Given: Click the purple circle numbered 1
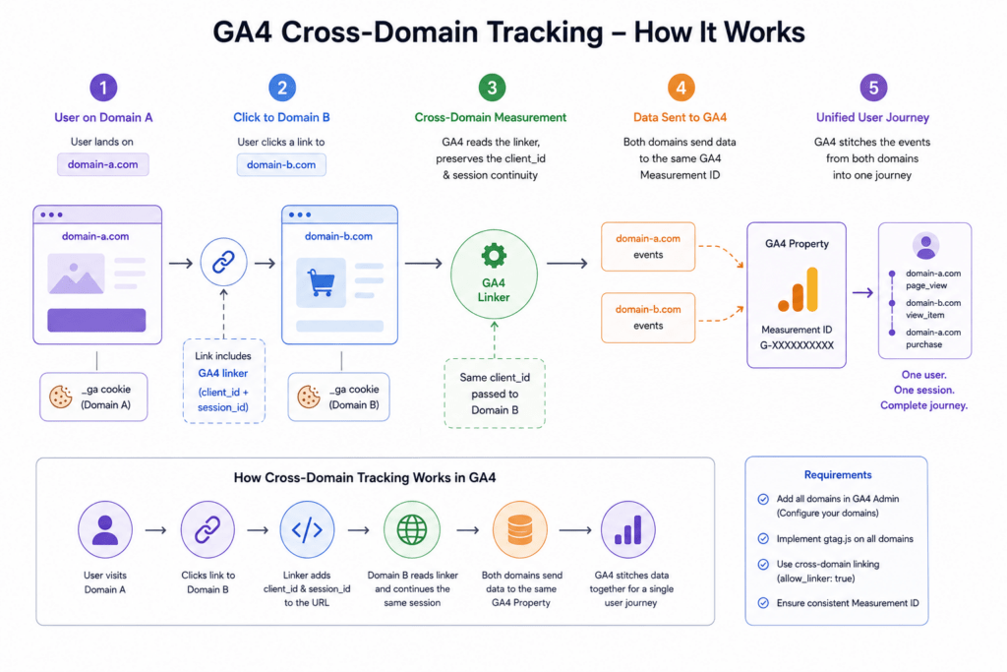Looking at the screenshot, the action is coord(103,88).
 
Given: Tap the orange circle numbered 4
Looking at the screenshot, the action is coord(681,88).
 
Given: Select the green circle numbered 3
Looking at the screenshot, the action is coord(492,88).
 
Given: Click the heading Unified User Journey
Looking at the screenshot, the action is coord(872,117).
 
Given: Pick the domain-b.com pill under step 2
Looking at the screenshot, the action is coord(281,164).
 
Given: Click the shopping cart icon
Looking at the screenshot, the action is coord(322,282).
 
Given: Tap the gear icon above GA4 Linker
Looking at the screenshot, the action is coord(494,256).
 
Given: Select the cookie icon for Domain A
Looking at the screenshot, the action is coord(60,397).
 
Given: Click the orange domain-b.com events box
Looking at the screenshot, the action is coord(648,318).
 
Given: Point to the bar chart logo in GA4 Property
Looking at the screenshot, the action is coord(798,289).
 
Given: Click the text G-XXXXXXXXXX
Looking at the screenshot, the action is coord(797,345).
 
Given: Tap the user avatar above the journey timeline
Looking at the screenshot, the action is coord(925,245).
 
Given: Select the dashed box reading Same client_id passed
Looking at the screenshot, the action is coord(495,394).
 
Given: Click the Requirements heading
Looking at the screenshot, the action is coord(838,475).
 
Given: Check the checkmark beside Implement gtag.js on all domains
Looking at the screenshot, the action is coord(763,538).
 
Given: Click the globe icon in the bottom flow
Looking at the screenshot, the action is coord(412,530).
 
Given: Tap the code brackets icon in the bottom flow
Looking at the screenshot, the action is coord(307,530).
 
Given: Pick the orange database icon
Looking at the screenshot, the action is coord(519,530).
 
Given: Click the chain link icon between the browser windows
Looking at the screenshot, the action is coord(223,262).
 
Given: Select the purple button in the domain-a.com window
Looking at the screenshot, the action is coord(96,320).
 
